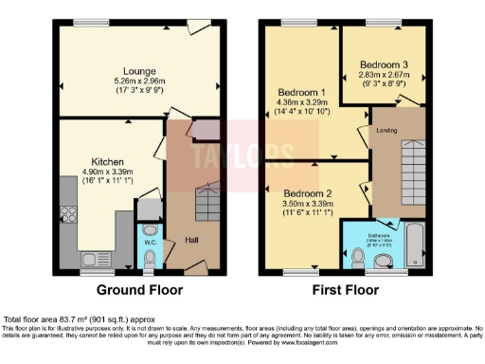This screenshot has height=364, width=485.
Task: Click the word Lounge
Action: click(138, 70)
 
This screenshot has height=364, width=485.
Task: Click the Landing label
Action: click(386, 130)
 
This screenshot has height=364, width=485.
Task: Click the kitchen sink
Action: click(97, 257)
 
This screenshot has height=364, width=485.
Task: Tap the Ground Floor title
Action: click(138, 290)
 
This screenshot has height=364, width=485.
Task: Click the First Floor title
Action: click(345, 290)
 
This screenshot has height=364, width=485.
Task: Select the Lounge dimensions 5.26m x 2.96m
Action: click(138, 81)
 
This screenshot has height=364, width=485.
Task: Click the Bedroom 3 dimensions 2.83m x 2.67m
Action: click(383, 76)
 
